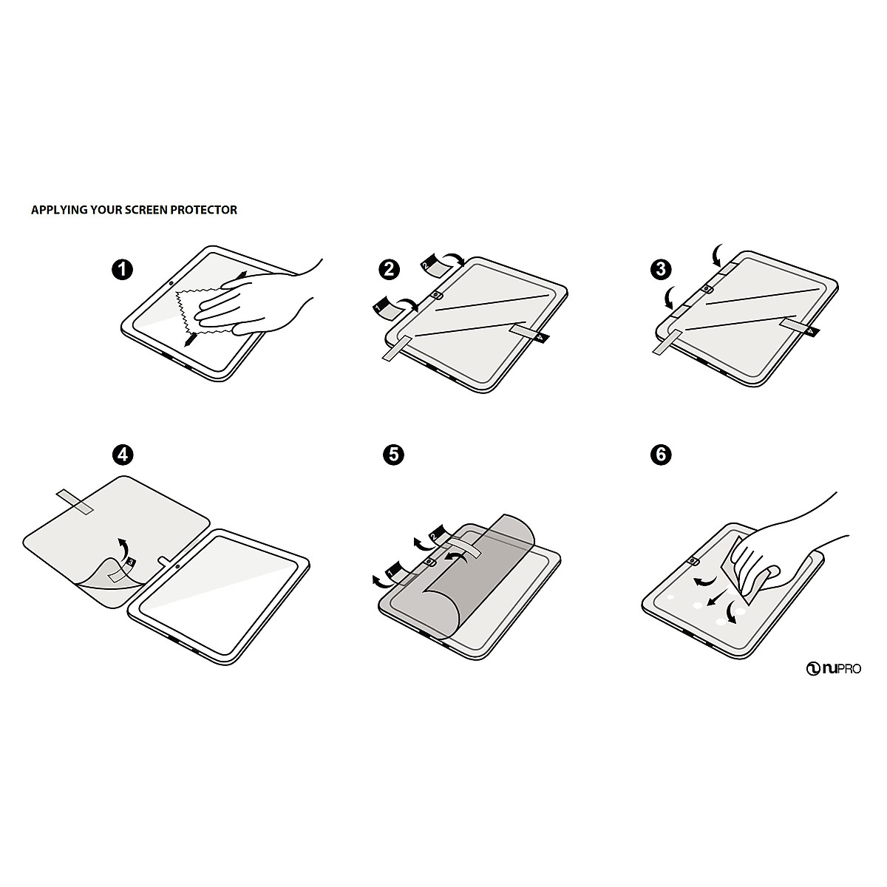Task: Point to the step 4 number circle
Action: pyautogui.click(x=123, y=455)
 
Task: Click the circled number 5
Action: pyautogui.click(x=393, y=455)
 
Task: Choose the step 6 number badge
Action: pyautogui.click(x=660, y=455)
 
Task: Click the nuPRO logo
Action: pyautogui.click(x=833, y=669)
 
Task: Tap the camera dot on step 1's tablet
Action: pyautogui.click(x=171, y=283)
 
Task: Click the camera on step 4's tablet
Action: pyautogui.click(x=177, y=567)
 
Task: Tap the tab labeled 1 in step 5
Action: pyautogui.click(x=393, y=569)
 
